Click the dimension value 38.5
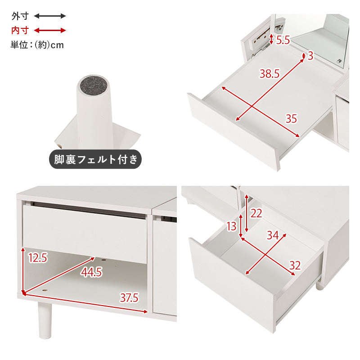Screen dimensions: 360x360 tap(270, 73)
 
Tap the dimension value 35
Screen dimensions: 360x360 tap(291, 118)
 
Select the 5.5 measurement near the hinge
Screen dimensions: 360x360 tap(283, 40)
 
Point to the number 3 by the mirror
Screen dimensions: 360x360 tap(310, 56)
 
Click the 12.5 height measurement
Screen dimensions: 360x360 tap(38, 257)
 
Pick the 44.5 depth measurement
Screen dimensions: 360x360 tap(91, 272)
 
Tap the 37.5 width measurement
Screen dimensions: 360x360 tap(129, 298)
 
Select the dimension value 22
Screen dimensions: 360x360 tap(256, 213)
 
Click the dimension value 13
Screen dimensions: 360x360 tap(231, 226)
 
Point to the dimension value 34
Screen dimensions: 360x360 tap(273, 235)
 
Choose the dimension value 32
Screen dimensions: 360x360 tap(295, 265)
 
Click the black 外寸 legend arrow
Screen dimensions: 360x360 tap(50, 16)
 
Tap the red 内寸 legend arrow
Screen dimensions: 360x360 tap(50, 30)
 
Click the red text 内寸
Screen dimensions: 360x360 tap(20, 30)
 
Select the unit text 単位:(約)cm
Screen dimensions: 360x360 tap(37, 45)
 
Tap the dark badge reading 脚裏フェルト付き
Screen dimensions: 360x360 tap(95, 159)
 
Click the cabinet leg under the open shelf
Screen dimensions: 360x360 tap(45, 320)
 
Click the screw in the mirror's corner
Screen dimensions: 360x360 tap(339, 61)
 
